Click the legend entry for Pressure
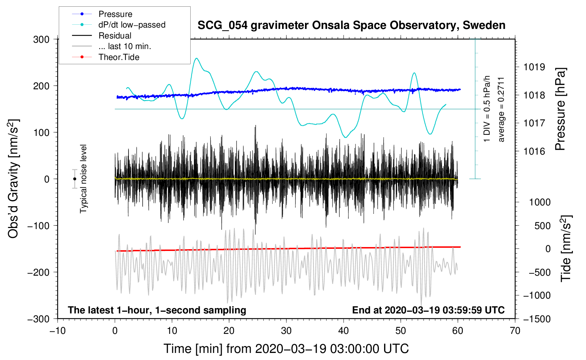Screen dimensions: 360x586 tap(115, 14)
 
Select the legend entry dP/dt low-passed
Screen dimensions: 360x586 tap(132, 25)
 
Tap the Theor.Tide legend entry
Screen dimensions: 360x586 tap(119, 57)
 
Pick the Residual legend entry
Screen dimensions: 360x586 tap(115, 36)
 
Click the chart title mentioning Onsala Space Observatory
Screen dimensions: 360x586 tap(351, 25)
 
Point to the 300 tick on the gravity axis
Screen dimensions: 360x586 tap(41, 39)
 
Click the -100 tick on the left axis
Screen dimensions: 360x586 tap(38, 226)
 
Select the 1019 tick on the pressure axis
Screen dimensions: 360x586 tap(534, 67)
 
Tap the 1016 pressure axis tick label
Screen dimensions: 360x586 tap(534, 151)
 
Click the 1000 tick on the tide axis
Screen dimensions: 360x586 tap(540, 202)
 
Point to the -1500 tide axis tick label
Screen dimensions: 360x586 tap(537, 319)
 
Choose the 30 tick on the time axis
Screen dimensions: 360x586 tap(286, 331)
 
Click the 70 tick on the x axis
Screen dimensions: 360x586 tap(515, 331)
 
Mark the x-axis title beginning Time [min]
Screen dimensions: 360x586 tap(286, 349)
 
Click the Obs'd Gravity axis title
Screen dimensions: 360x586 tap(13, 179)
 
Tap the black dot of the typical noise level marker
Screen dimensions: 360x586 tap(74, 179)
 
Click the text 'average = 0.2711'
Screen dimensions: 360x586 tap(501, 109)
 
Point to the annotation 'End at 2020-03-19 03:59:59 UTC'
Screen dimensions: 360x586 tap(428, 310)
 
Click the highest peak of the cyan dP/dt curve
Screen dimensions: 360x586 tap(197, 58)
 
